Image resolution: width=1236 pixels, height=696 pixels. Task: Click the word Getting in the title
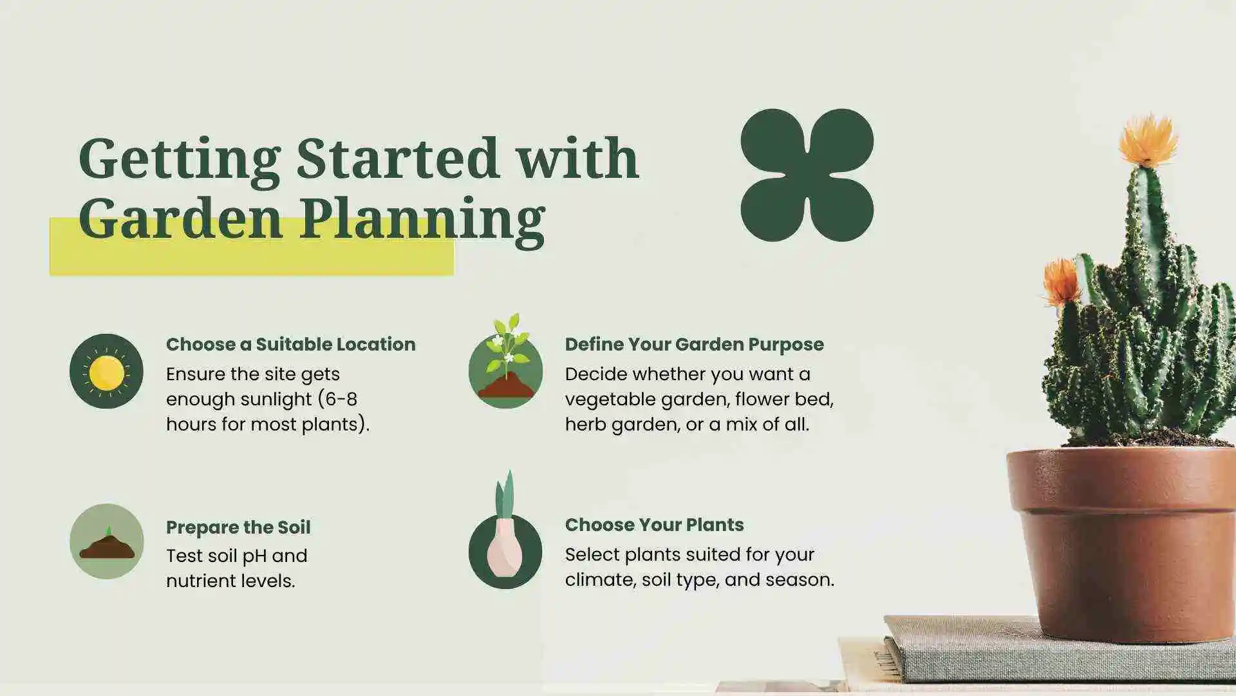pyautogui.click(x=179, y=159)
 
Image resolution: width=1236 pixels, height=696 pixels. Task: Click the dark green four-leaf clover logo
pyautogui.click(x=807, y=175)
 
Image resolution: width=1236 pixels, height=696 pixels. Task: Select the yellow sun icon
pyautogui.click(x=106, y=372)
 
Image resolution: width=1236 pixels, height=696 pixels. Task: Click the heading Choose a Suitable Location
pyautogui.click(x=290, y=344)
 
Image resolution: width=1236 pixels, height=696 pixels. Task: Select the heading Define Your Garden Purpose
pyautogui.click(x=694, y=344)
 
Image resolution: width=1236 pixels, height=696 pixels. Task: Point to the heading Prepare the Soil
pyautogui.click(x=238, y=527)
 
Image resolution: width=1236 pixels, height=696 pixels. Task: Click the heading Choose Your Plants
pyautogui.click(x=654, y=525)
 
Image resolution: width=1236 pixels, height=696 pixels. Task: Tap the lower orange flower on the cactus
pyautogui.click(x=1060, y=282)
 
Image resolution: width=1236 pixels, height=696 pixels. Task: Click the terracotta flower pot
pyautogui.click(x=1123, y=541)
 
